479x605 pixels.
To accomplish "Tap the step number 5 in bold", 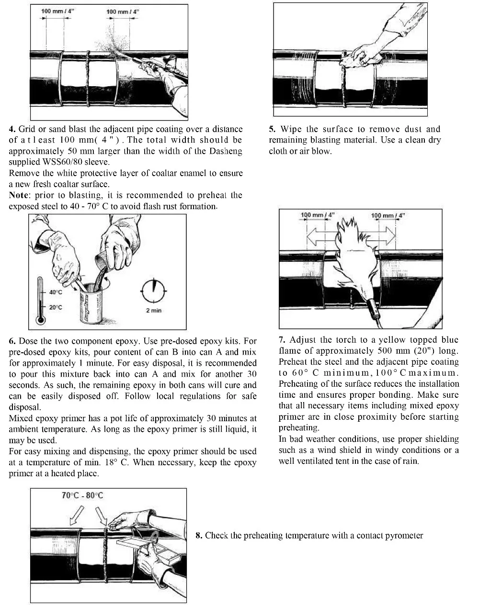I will [272, 129].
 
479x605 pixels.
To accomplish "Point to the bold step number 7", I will [282, 340].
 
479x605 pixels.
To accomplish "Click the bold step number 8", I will [198, 535].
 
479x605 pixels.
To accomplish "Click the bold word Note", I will [19, 195].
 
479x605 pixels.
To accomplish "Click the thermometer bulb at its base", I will [40, 319].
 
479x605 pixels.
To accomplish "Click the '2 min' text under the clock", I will [153, 311].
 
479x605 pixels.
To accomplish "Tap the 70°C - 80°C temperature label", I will [82, 495].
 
